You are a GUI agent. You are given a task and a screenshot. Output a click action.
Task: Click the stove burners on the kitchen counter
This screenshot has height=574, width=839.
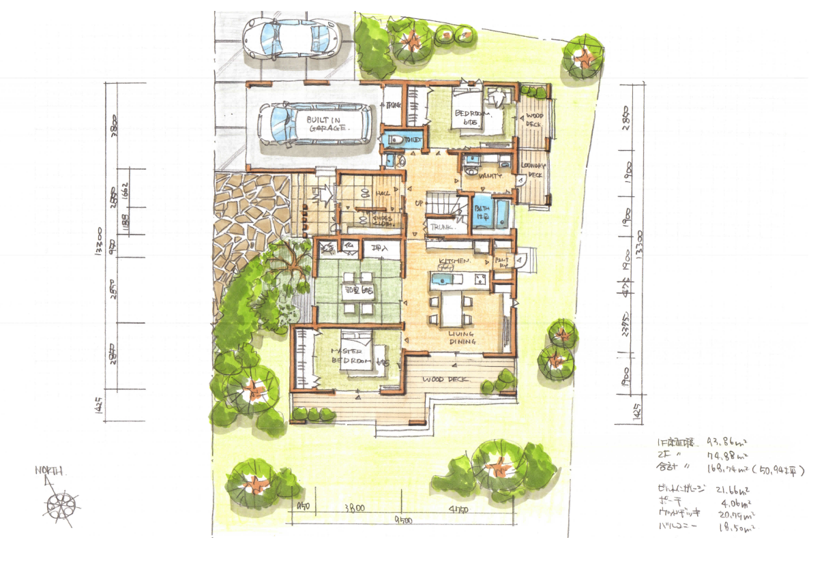(x=480, y=277)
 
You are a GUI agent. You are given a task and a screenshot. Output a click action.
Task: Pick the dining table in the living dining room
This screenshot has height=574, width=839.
(x=452, y=309)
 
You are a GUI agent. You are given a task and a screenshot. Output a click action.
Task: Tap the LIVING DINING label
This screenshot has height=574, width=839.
(x=462, y=337)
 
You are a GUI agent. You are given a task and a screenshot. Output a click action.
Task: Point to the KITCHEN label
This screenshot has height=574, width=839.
(x=454, y=261)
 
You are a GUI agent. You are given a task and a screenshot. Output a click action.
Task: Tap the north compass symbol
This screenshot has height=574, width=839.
(x=60, y=504)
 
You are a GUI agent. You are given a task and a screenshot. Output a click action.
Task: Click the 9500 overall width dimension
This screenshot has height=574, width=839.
(x=403, y=522)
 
